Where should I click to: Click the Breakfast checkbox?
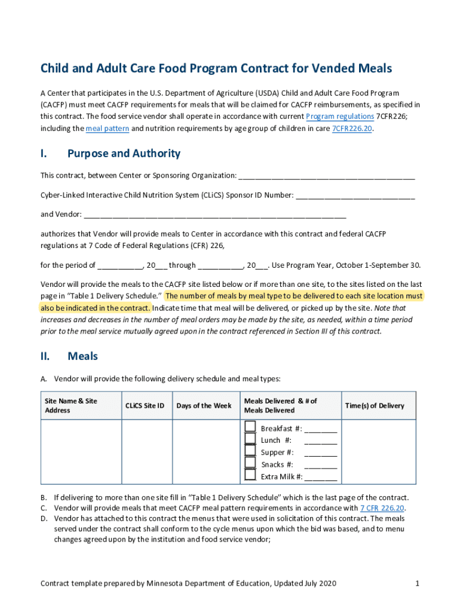(251, 427)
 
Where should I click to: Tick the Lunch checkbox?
(251, 439)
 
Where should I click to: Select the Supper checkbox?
(251, 451)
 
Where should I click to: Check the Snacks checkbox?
(251, 463)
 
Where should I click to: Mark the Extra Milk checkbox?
(251, 475)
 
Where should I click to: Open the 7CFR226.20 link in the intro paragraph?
(352, 128)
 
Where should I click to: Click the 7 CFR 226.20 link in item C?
(382, 508)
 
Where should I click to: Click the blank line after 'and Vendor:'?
(215, 215)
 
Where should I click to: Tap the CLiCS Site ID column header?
(145, 406)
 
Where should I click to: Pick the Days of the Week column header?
(204, 406)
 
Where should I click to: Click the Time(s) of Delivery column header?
(375, 406)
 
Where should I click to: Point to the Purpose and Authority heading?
(124, 154)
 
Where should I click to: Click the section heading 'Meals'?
(82, 356)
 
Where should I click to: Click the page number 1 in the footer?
(416, 583)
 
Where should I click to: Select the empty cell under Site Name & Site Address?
(81, 451)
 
